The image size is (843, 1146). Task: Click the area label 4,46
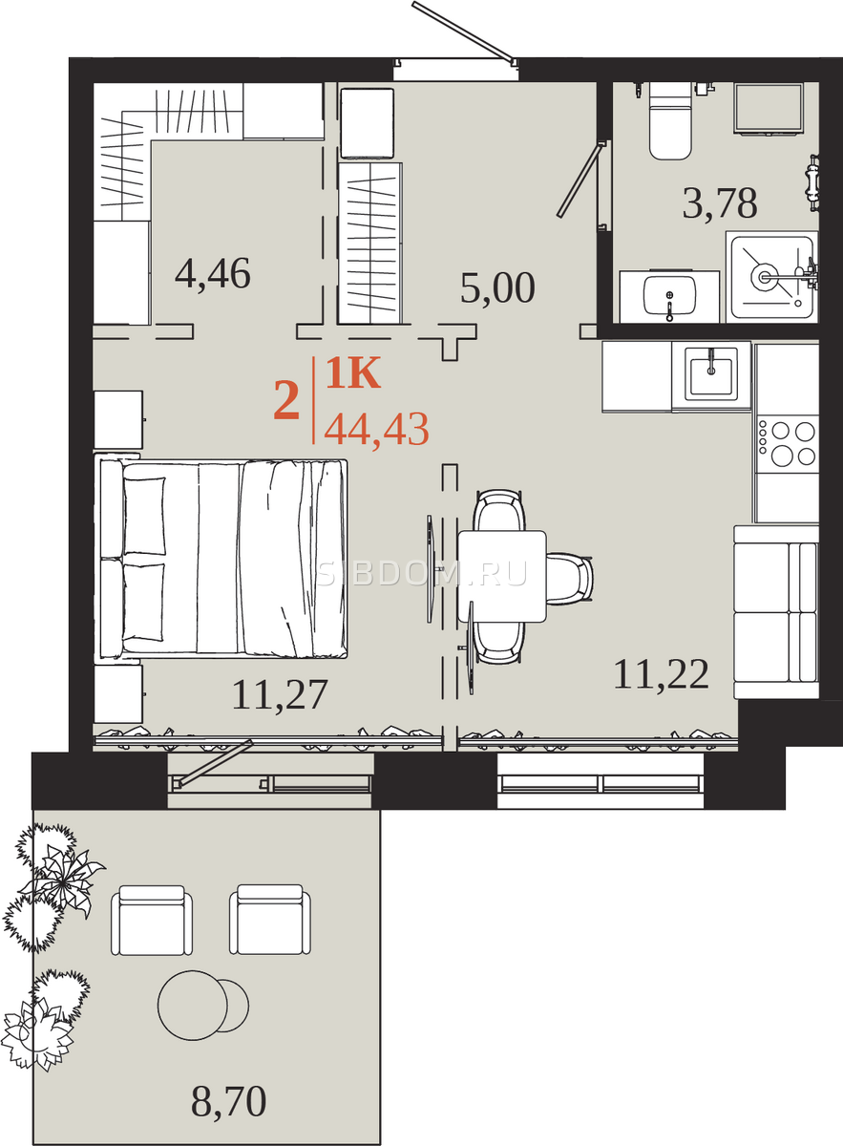click(213, 274)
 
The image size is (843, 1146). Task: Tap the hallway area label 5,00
click(497, 287)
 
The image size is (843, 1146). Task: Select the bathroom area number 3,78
click(720, 203)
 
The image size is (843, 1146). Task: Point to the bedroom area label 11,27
click(280, 694)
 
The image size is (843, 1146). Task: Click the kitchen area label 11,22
click(661, 674)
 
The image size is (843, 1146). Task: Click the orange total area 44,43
click(376, 430)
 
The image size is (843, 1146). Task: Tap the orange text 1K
click(353, 373)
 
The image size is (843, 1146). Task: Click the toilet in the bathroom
click(670, 121)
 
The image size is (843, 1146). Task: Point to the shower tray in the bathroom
click(771, 277)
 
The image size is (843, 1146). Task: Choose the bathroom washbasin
click(669, 296)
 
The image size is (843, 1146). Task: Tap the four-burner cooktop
click(788, 443)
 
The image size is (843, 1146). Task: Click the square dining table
click(502, 576)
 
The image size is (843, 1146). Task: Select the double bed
click(221, 559)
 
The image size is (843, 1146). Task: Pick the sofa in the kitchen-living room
click(776, 612)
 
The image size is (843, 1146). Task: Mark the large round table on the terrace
click(192, 1006)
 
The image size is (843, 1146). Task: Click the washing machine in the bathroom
click(768, 109)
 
